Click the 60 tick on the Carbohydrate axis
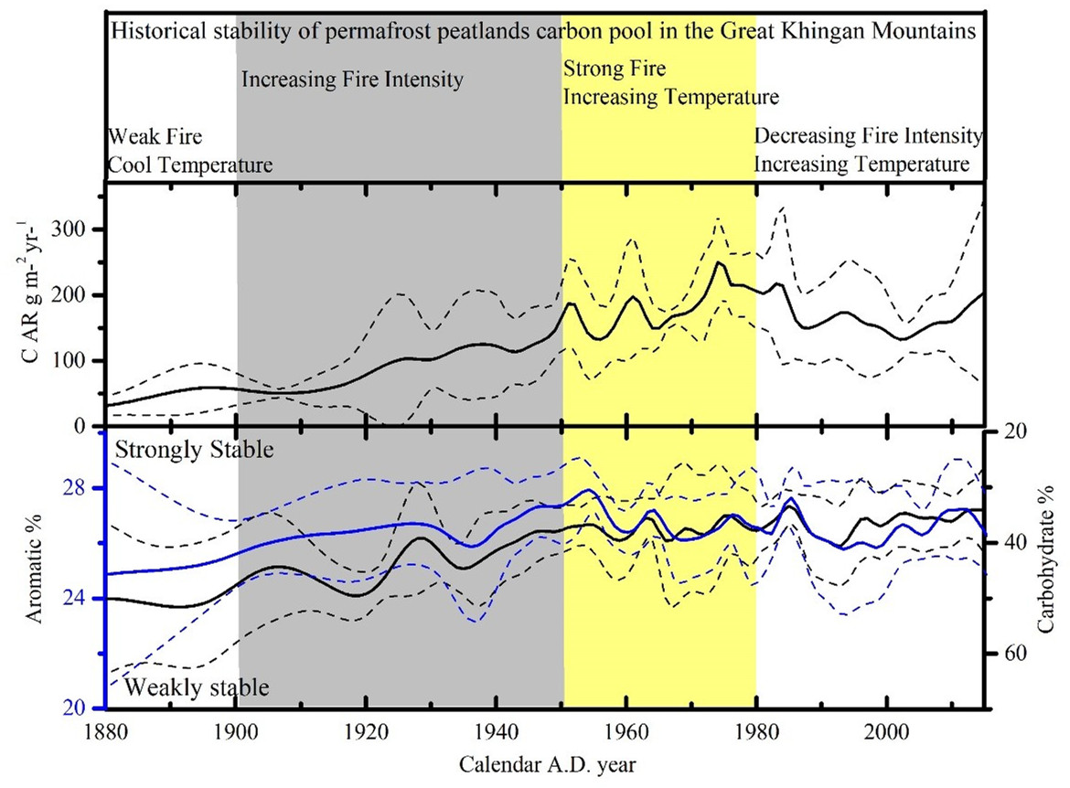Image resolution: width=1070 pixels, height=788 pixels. pyautogui.click(x=1003, y=654)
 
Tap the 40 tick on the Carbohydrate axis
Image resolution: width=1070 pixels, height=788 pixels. pyautogui.click(x=1003, y=542)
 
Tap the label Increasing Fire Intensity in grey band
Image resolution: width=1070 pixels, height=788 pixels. pyautogui.click(x=352, y=80)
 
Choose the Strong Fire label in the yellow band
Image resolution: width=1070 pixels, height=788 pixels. pyautogui.click(x=615, y=69)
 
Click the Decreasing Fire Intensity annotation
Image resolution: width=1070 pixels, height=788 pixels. pyautogui.click(x=867, y=136)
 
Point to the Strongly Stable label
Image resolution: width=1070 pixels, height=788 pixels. pyautogui.click(x=195, y=450)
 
